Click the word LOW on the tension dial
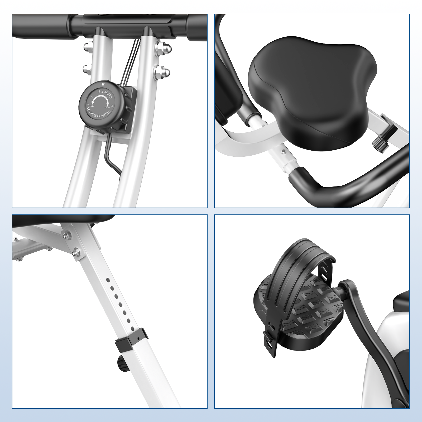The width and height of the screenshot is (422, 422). pyautogui.click(x=92, y=106)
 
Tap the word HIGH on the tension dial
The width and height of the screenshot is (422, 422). pyautogui.click(x=107, y=107)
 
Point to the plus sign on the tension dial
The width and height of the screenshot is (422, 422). pyautogui.click(x=112, y=106)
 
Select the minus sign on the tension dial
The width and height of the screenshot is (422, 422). pyautogui.click(x=87, y=104)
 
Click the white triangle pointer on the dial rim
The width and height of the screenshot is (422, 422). pyautogui.click(x=103, y=85)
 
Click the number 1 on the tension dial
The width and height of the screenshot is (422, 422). pyautogui.click(x=91, y=97)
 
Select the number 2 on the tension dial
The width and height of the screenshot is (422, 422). pyautogui.click(x=99, y=92)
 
